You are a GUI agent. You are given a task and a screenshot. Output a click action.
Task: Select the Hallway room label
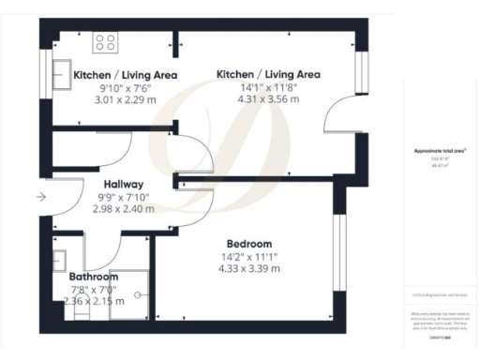point(124,185)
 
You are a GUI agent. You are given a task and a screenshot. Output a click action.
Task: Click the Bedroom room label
point(248,243)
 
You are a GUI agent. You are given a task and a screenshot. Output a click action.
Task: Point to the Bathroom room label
point(94,277)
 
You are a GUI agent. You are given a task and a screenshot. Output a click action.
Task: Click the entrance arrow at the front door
point(39,198)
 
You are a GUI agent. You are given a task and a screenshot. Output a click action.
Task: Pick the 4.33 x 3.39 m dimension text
point(248,269)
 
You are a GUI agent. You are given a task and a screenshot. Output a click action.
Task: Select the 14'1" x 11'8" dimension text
point(268,87)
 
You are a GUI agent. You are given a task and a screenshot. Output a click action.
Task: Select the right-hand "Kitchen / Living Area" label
point(268,74)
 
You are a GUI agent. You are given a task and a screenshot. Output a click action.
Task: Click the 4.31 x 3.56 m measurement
point(268,100)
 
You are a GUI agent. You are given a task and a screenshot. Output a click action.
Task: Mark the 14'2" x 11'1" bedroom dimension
point(248,256)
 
